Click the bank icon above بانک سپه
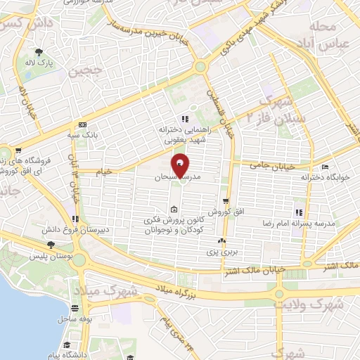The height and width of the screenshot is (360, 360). pyautogui.click(x=83, y=121)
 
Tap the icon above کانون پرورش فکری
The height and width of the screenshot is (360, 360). pyautogui.click(x=174, y=209)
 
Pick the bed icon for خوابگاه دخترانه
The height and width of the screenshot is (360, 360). pyautogui.click(x=324, y=166)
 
